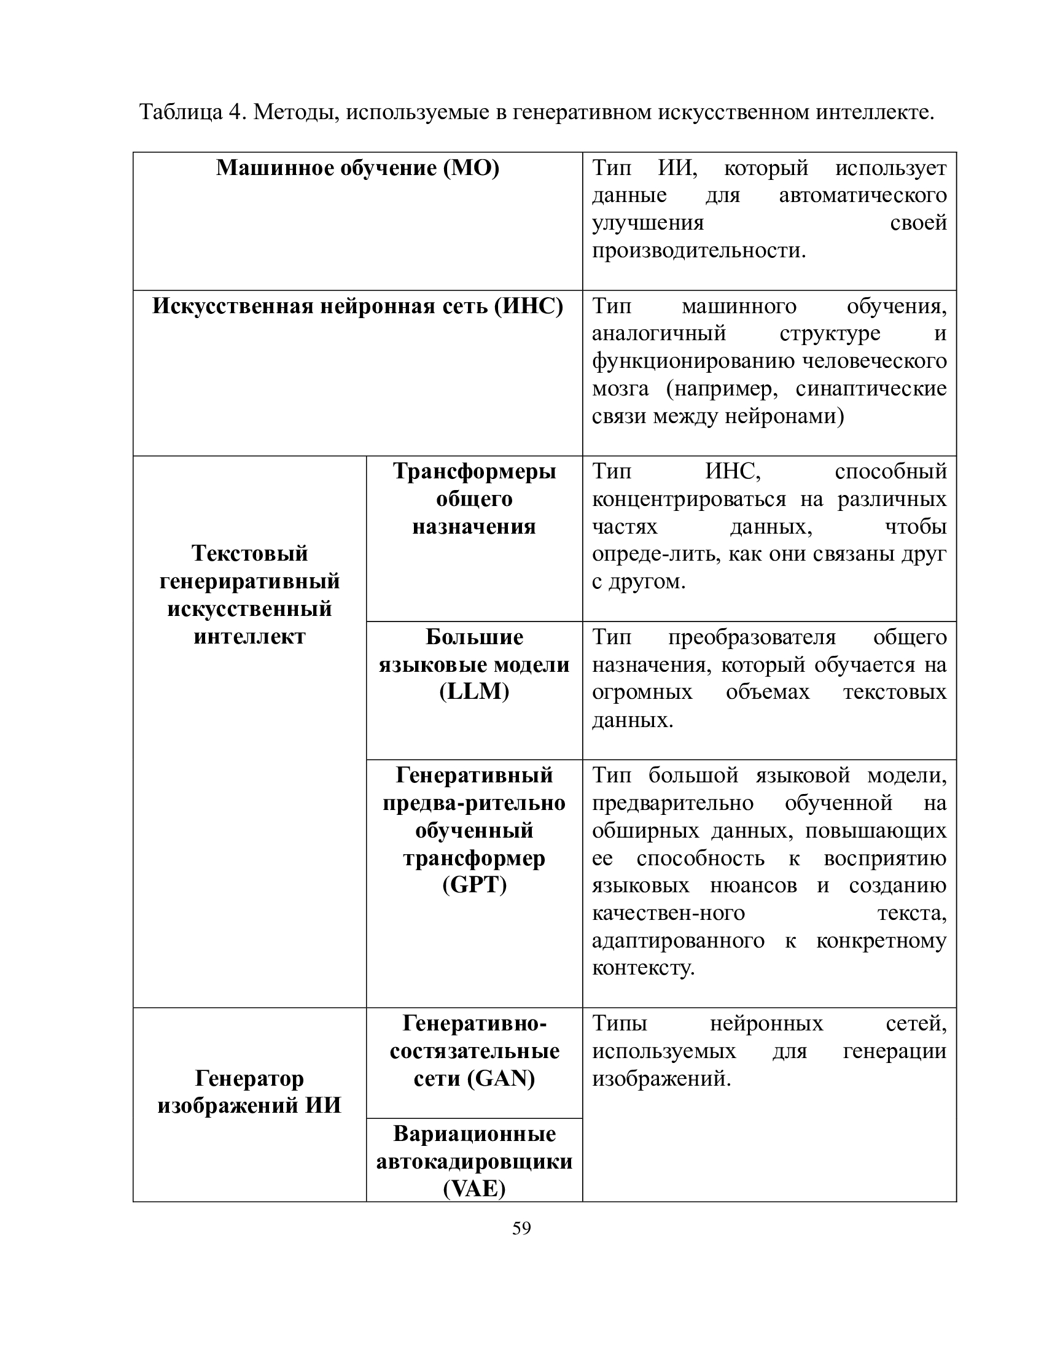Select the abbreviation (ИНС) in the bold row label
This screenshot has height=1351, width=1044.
(528, 306)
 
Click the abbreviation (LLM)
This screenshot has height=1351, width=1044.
(474, 691)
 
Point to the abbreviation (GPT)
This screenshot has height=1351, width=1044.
(474, 885)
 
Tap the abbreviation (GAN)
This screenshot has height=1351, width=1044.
(501, 1079)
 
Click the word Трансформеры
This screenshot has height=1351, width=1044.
(474, 472)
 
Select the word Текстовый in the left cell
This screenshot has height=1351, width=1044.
(249, 553)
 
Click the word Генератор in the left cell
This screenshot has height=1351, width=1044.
(249, 1079)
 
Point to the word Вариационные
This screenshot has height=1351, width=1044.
(474, 1134)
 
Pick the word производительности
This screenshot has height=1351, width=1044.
(699, 251)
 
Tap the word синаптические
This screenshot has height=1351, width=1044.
(871, 389)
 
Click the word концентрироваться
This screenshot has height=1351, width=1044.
(689, 499)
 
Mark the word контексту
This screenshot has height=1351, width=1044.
(643, 968)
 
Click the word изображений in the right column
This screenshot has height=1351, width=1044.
(661, 1079)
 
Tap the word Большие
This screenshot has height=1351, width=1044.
(474, 637)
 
